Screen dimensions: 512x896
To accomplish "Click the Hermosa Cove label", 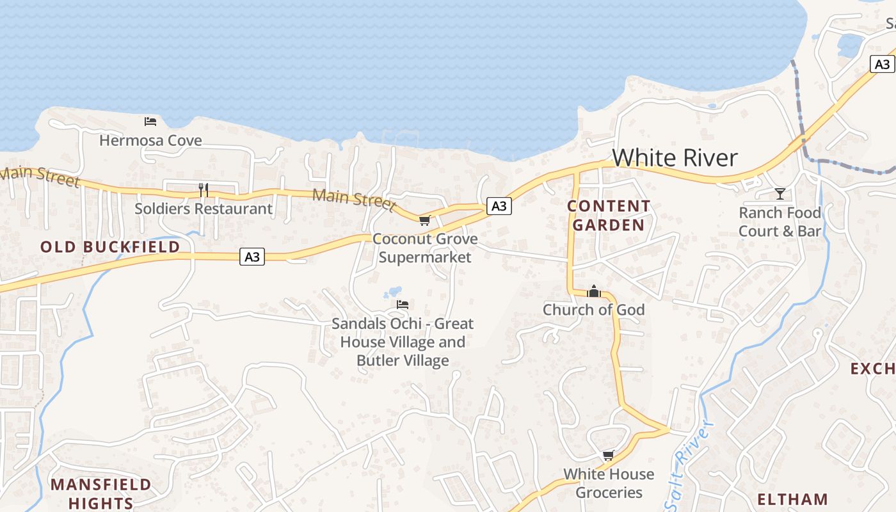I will coord(150,140).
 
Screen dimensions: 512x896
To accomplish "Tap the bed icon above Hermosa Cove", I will coord(150,121).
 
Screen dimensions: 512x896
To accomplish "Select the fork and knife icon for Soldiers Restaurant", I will coord(204,189).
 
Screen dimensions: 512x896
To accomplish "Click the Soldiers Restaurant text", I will coord(204,209).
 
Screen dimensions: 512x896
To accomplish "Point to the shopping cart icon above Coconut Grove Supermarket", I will coord(424,221).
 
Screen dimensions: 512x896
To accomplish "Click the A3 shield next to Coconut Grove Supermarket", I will coord(499,205).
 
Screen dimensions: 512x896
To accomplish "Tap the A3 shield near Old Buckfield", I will coord(252,257).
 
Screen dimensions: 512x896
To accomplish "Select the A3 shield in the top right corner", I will coord(882,64).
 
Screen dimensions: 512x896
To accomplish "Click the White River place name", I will coord(675,158).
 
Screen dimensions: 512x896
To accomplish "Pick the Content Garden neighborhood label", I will coord(609,216).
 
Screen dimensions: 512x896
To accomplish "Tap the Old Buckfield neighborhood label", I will coord(110,247).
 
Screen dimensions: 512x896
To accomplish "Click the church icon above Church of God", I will coord(594,292).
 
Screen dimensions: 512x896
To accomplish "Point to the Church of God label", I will coord(594,310).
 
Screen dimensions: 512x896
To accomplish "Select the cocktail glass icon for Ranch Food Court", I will coord(780,193).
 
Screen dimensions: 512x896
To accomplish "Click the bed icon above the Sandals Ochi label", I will coord(403,305).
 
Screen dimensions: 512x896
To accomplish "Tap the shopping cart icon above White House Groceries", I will coord(608,456).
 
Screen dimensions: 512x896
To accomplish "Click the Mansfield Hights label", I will coord(101,493).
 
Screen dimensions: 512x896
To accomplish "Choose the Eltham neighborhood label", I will coord(792,499).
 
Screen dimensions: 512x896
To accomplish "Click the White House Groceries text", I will coord(609,483).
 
